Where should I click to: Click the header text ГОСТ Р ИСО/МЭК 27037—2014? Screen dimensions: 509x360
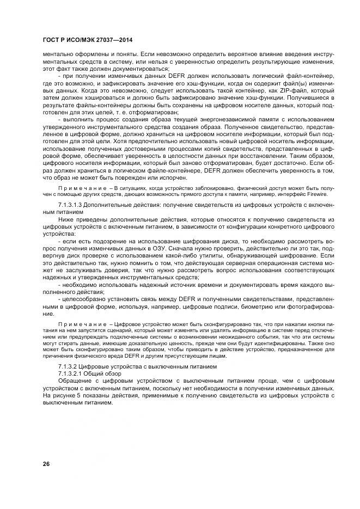click(87, 40)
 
